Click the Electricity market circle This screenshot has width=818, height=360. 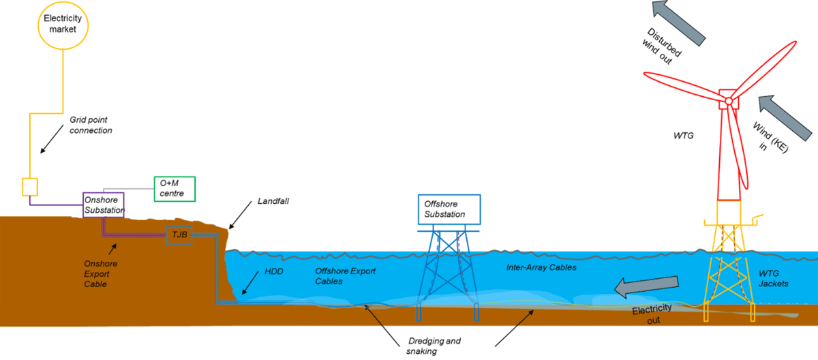pyautogui.click(x=63, y=25)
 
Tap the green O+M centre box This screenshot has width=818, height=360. pyautogui.click(x=175, y=189)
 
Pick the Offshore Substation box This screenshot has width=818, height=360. pyautogui.click(x=449, y=209)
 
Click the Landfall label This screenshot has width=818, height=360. pyautogui.click(x=273, y=202)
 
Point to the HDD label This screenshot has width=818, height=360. pyautogui.click(x=273, y=271)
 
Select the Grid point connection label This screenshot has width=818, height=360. pyautogui.click(x=91, y=125)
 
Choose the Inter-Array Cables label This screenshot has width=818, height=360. pyautogui.click(x=542, y=267)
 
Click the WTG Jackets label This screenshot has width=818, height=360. pyautogui.click(x=774, y=278)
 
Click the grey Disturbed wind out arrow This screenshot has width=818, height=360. pyautogui.click(x=682, y=18)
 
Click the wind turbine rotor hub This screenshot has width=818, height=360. pyautogui.click(x=728, y=102)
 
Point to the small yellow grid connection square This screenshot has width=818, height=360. pyautogui.click(x=30, y=186)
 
